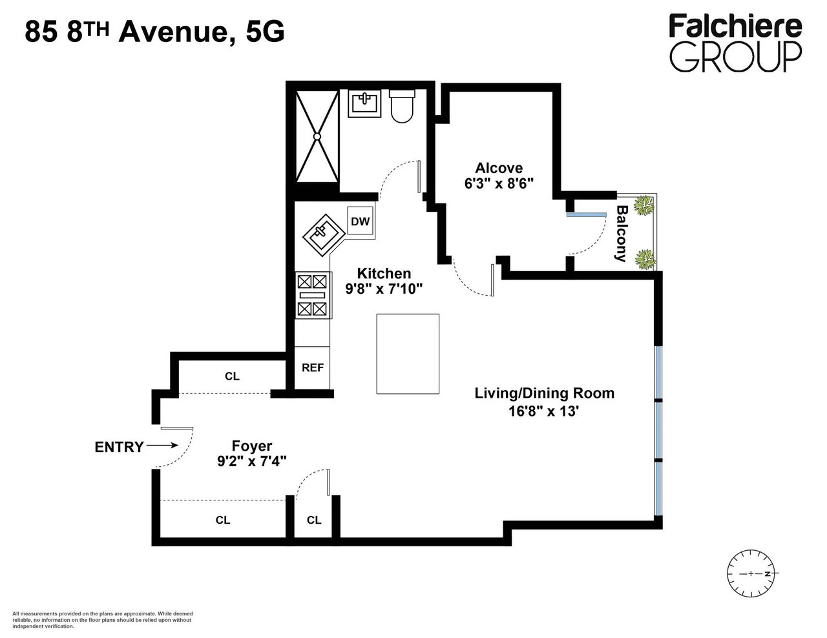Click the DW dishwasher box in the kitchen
(360, 221)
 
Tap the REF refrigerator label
(313, 367)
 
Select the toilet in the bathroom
(402, 106)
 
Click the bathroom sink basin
(364, 103)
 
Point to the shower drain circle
(317, 136)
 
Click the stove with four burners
(313, 295)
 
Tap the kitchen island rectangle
(408, 354)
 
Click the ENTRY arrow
(162, 445)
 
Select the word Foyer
(252, 446)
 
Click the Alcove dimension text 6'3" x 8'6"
(499, 183)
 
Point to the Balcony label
(622, 234)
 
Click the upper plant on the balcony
(644, 205)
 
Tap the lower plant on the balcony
(645, 260)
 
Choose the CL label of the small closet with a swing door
(314, 520)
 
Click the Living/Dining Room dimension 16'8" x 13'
(544, 411)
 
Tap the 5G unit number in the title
(265, 32)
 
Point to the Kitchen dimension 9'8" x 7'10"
(384, 289)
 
